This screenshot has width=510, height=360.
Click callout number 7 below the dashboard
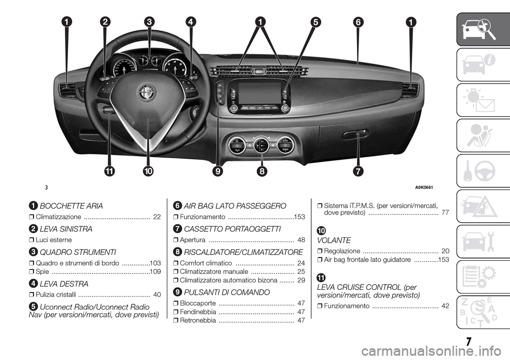click(358, 171)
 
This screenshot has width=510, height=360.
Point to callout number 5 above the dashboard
click(315, 22)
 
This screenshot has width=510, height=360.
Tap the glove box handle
click(355, 134)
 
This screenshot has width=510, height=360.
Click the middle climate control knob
click(261, 145)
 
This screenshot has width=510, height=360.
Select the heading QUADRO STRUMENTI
click(78, 252)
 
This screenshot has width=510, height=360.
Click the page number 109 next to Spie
click(156, 271)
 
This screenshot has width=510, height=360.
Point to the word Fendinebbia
click(198, 312)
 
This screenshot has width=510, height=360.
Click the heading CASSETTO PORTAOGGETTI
click(232, 229)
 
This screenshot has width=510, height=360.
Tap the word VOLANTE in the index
click(334, 241)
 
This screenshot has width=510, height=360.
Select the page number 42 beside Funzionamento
click(445, 306)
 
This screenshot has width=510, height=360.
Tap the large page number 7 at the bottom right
click(468, 342)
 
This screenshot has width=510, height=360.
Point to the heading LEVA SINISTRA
click(66, 229)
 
